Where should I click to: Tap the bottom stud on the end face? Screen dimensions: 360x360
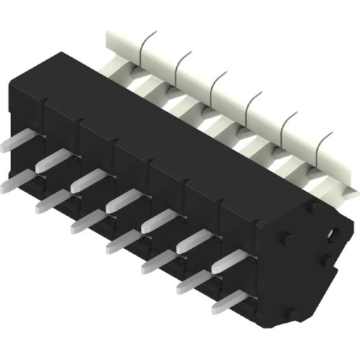coord(291,314)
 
